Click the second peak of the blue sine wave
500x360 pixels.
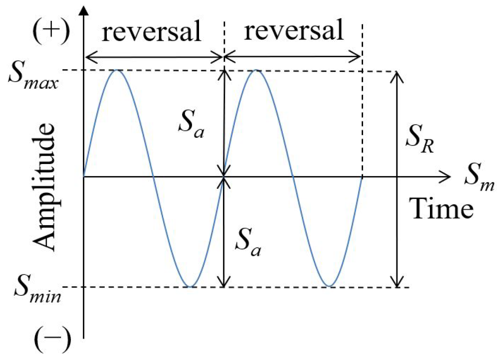pyautogui.click(x=256, y=70)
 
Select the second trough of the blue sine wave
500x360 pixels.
pyautogui.click(x=328, y=286)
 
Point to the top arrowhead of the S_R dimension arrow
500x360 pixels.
pyautogui.click(x=398, y=76)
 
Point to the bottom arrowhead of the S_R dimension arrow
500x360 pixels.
pyautogui.click(x=398, y=282)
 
